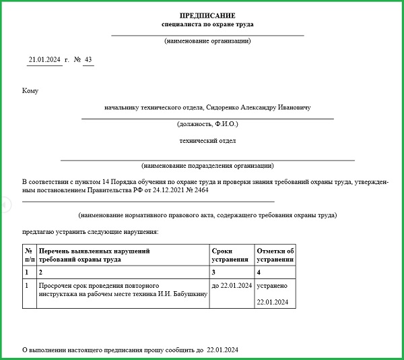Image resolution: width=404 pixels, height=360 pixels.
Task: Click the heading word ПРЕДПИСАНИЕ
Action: click(207, 15)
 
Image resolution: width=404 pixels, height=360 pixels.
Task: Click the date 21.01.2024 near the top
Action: click(44, 60)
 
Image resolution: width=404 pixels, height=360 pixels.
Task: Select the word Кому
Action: click(30, 90)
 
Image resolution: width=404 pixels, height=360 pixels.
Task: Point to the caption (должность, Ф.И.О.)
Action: click(207, 124)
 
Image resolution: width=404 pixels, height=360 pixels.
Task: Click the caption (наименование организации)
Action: click(207, 41)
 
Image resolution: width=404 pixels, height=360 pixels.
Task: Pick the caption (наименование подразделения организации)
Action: click(207, 165)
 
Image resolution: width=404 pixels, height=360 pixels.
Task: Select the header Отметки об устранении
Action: click(275, 255)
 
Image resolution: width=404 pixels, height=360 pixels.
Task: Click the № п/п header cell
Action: click(29, 255)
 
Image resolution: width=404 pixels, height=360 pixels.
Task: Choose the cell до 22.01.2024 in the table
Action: click(232, 286)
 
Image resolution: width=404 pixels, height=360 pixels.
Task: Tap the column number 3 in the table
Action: click(213, 272)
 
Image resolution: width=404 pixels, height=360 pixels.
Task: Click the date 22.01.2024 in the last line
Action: click(223, 351)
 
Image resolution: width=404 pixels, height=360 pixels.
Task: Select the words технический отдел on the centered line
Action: click(207, 141)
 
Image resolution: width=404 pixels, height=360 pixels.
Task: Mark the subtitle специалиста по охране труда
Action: click(207, 24)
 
